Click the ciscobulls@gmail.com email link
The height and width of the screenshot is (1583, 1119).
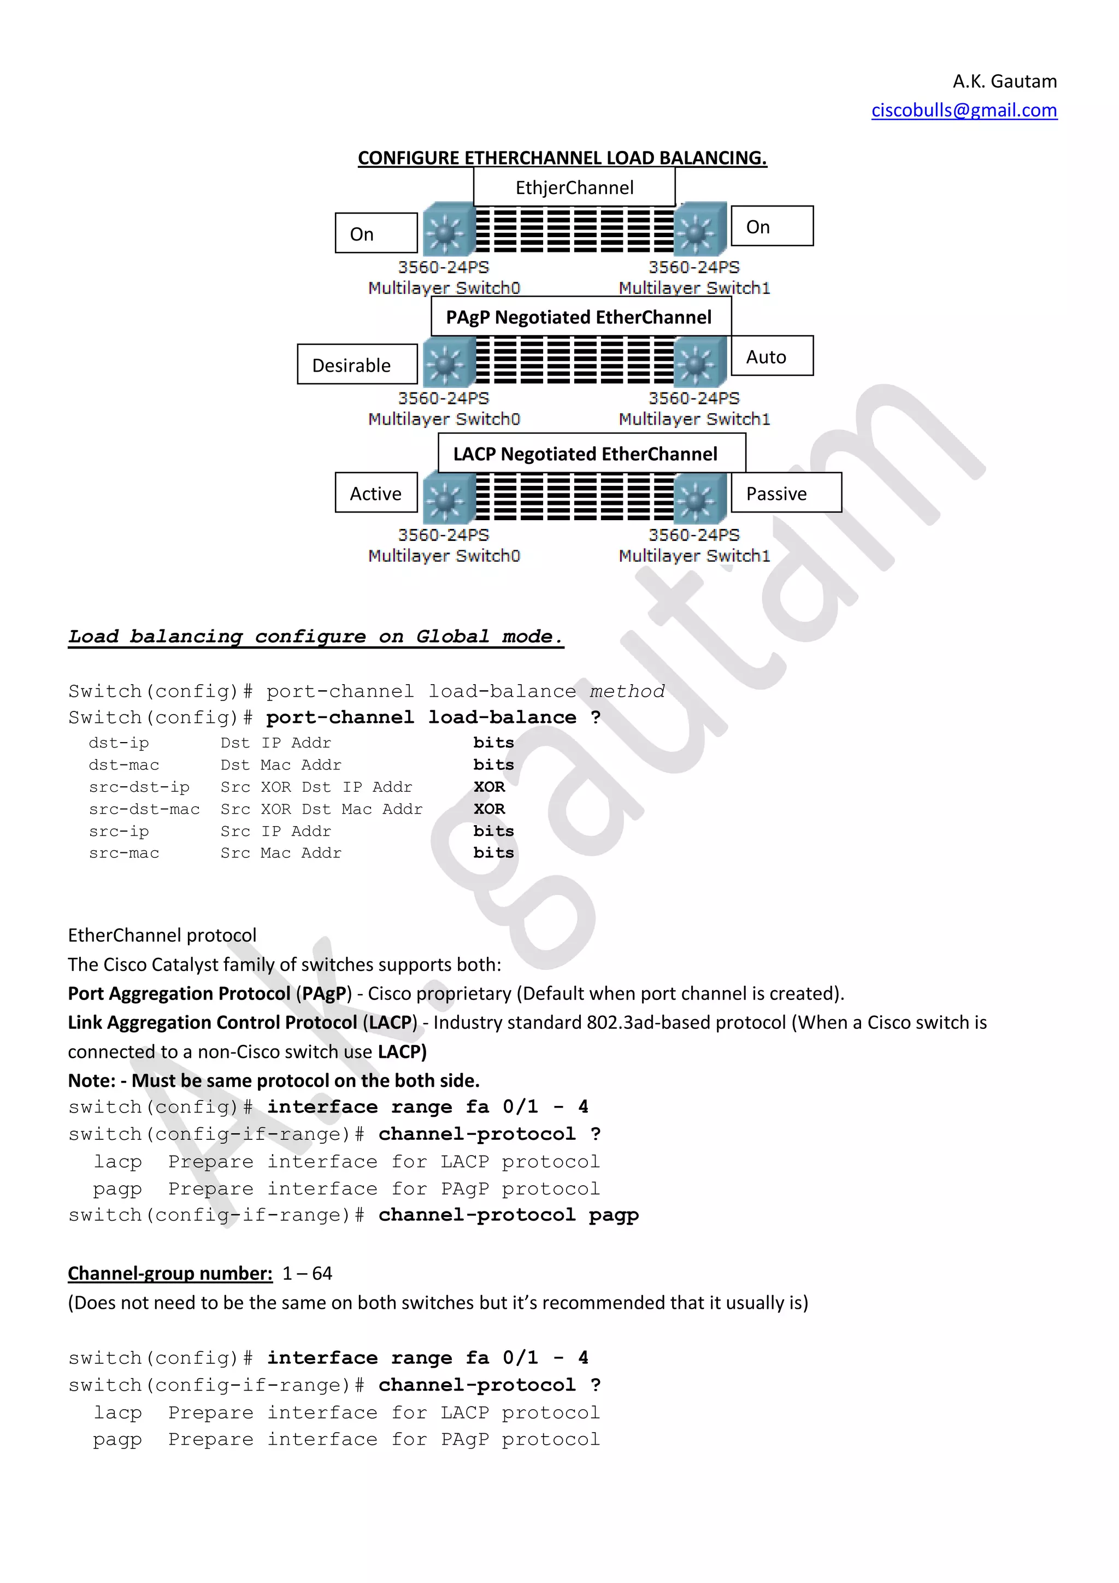[x=963, y=110]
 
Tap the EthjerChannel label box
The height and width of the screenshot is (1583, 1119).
[x=574, y=187]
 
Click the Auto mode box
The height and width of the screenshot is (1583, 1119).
[x=771, y=356]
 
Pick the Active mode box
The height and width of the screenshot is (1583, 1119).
[x=376, y=493]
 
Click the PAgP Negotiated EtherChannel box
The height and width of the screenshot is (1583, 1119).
[x=580, y=316]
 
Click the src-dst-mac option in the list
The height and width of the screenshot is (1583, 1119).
[x=144, y=809]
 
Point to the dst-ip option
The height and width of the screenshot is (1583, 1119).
[x=119, y=743]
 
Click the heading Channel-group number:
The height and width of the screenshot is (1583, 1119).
[x=169, y=1273]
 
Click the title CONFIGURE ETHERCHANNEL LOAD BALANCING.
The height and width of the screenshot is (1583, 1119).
[x=562, y=158]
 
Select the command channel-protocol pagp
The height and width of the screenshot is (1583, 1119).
[x=508, y=1215]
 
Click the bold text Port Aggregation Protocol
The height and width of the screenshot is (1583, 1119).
[x=179, y=993]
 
